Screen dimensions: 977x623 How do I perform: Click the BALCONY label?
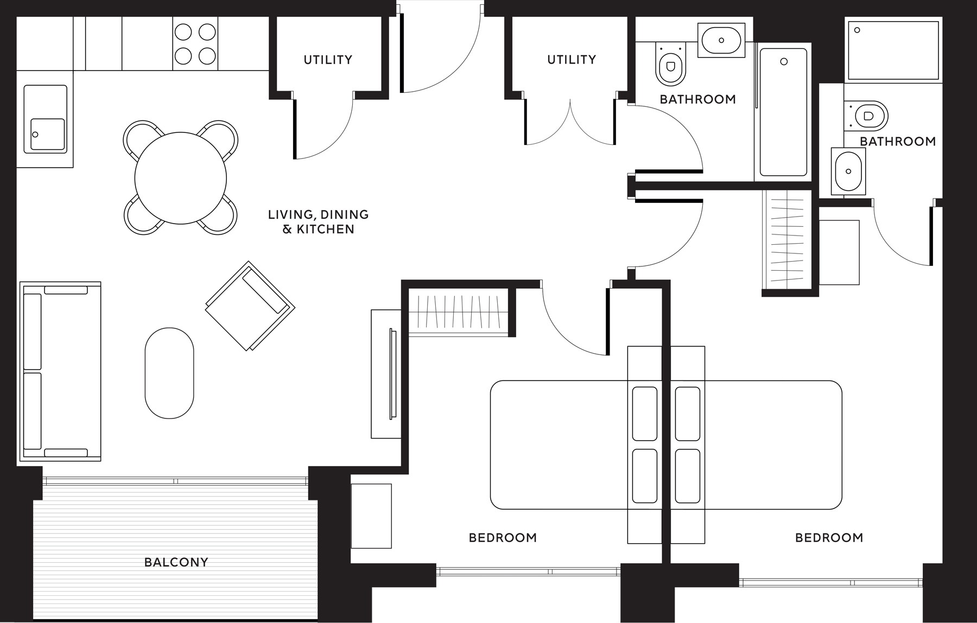(x=176, y=562)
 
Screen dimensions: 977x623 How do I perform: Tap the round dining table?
(x=180, y=178)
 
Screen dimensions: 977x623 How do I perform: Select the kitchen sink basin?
(x=48, y=134)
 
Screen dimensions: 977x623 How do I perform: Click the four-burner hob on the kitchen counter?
(x=195, y=43)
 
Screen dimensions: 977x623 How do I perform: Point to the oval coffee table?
(x=169, y=373)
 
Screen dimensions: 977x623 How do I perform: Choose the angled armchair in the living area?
(x=250, y=306)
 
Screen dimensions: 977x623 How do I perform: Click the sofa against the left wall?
(x=60, y=371)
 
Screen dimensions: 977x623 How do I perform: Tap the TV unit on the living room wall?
(x=386, y=374)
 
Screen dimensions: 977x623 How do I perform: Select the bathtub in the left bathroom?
(x=783, y=112)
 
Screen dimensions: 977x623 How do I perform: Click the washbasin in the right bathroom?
(x=848, y=171)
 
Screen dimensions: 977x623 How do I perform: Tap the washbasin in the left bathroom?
(x=721, y=40)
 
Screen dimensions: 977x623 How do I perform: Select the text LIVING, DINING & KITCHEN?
(x=319, y=222)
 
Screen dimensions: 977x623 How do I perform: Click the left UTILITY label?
(x=328, y=60)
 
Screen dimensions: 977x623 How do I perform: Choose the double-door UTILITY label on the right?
(x=572, y=59)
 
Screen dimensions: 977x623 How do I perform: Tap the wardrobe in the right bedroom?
(x=787, y=239)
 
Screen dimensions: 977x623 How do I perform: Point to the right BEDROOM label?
(x=829, y=538)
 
